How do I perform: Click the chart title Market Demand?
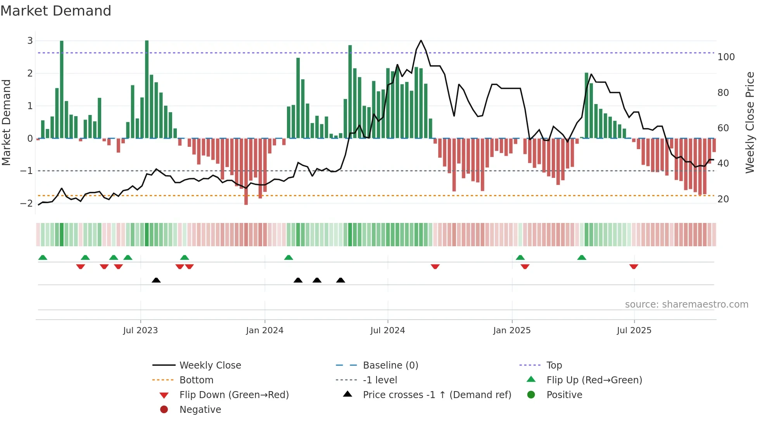[56, 11]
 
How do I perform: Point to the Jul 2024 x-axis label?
[387, 331]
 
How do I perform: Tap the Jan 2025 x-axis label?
[511, 331]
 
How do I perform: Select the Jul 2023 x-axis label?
[140, 331]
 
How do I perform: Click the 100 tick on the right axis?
[726, 57]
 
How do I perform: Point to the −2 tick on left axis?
[27, 203]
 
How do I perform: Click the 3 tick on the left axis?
[30, 41]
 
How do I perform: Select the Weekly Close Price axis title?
[750, 122]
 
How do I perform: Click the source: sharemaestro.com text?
[686, 304]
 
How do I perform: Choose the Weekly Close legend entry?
[210, 365]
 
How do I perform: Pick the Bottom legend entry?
[196, 380]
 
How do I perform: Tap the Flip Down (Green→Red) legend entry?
[234, 395]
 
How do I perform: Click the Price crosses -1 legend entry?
[437, 395]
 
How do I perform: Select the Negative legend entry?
[200, 410]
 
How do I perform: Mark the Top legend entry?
[554, 365]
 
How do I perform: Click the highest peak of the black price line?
[421, 40]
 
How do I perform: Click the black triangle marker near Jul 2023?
[156, 280]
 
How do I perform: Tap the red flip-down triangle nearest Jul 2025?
[634, 266]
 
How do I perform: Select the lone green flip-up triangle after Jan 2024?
[288, 257]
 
